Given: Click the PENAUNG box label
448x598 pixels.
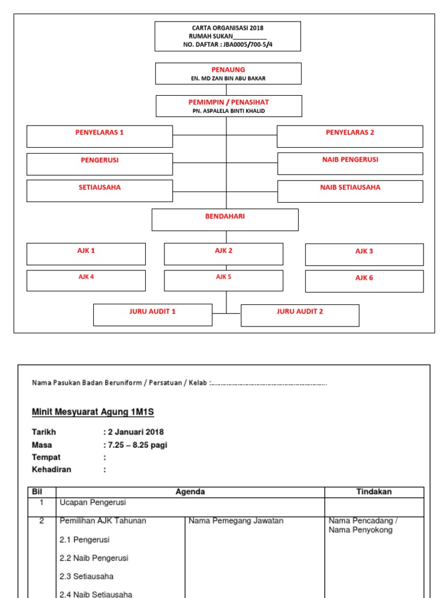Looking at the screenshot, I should (228, 69).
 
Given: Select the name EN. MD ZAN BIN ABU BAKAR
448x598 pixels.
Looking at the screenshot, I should (228, 78).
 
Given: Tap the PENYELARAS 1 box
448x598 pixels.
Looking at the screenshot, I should (100, 136).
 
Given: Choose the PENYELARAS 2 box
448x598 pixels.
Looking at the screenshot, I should (349, 136).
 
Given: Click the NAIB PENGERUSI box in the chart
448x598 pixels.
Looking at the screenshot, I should (350, 164).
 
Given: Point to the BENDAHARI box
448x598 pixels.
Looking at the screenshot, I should (225, 220).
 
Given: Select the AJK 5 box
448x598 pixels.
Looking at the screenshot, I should (223, 280).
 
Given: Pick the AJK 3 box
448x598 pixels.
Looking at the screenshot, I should (364, 255).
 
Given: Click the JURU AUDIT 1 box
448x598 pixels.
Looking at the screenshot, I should (152, 315).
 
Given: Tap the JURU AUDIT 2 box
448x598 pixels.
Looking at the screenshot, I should (300, 315).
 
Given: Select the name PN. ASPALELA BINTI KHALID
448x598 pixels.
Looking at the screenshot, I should (229, 110).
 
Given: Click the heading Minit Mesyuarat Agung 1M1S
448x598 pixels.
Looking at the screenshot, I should (92, 412).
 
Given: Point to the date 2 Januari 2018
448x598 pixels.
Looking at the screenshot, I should (135, 432).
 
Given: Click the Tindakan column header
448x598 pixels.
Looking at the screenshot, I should (374, 492).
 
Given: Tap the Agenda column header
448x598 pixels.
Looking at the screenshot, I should (190, 492).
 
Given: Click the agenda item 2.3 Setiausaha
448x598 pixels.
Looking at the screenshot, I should (86, 576).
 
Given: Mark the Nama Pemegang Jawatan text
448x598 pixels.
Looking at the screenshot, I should (236, 520).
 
